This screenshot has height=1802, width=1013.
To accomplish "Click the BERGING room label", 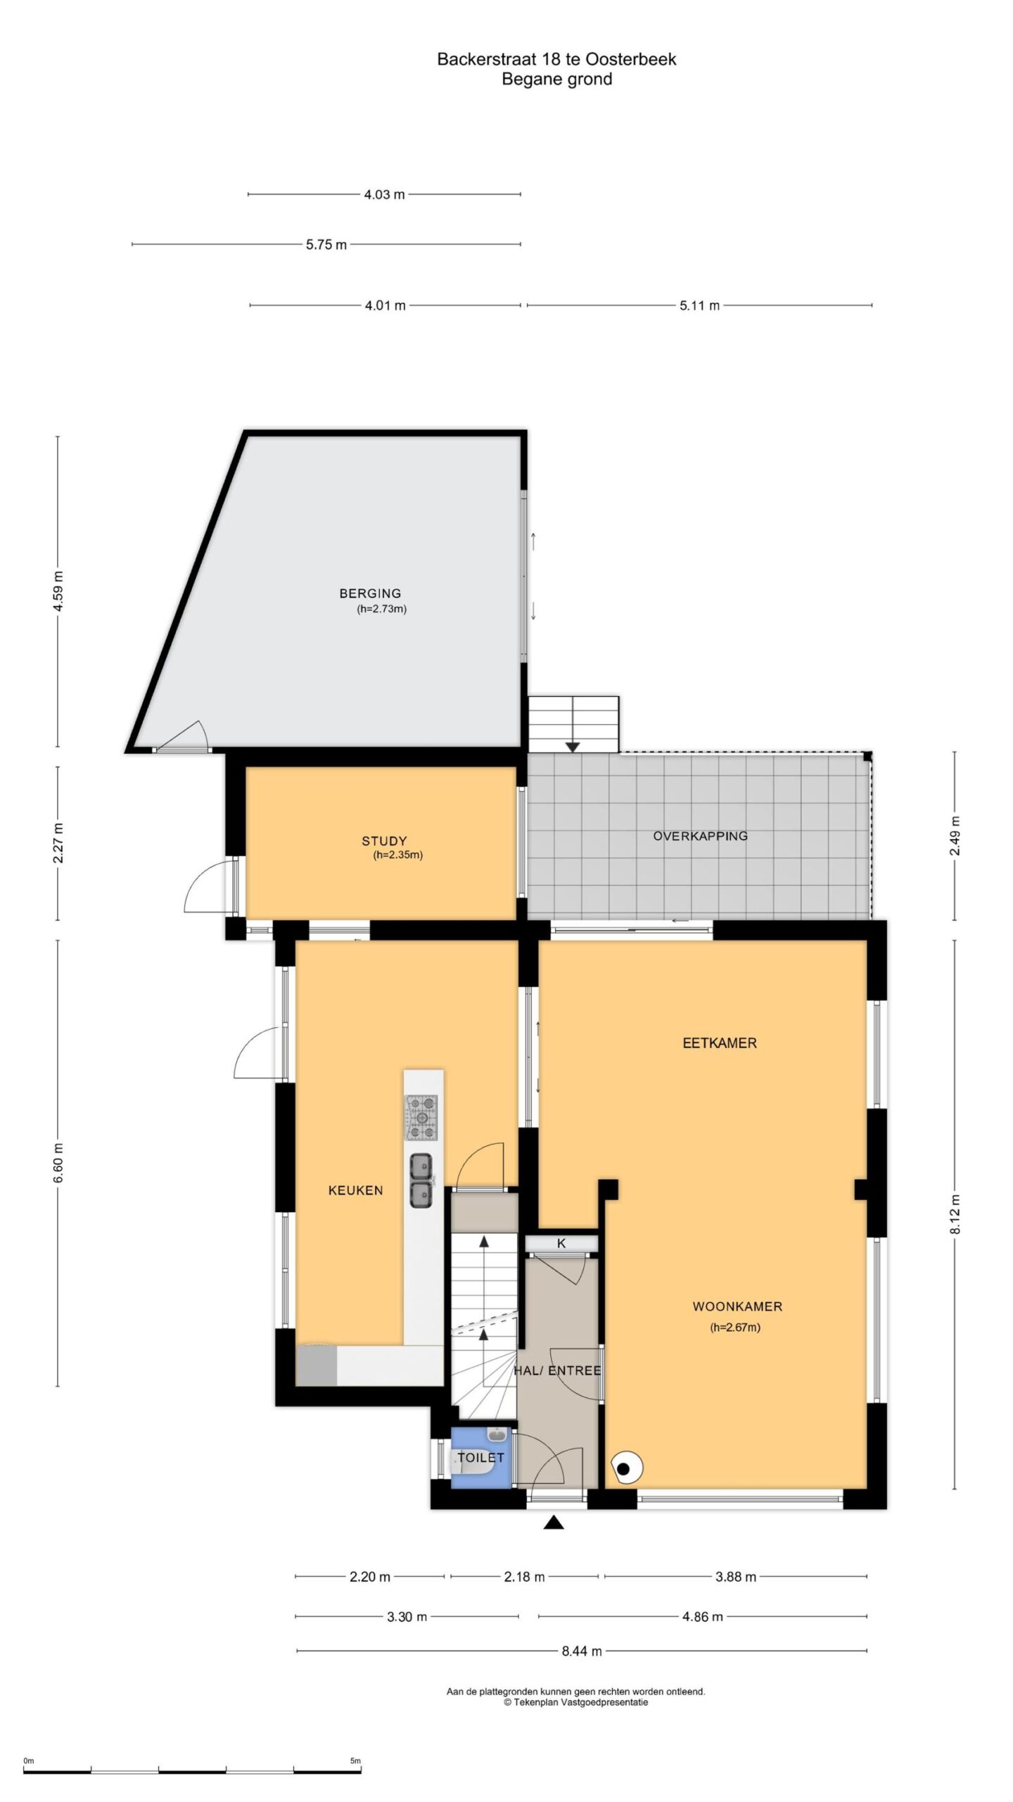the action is pos(370,593).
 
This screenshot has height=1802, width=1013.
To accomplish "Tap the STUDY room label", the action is pos(384,840).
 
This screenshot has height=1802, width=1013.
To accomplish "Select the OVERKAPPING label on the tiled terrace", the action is pos(700,836).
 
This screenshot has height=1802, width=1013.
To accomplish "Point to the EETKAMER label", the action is pos(720,1043).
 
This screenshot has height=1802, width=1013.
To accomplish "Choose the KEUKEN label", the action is pos(356,1190).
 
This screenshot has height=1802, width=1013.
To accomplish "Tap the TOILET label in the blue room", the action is pos(481,1457).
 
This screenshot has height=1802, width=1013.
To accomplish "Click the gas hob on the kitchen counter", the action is pos(420,1117).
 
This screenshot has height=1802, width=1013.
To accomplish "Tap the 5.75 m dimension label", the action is pos(326,245).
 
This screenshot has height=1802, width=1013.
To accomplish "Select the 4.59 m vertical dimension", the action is pos(58,591).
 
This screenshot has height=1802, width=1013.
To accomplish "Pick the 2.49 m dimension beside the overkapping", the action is pos(955,836).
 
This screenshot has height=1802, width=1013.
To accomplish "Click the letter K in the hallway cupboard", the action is pos(561,1243).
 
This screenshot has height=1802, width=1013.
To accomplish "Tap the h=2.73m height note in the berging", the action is pos(382,610).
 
